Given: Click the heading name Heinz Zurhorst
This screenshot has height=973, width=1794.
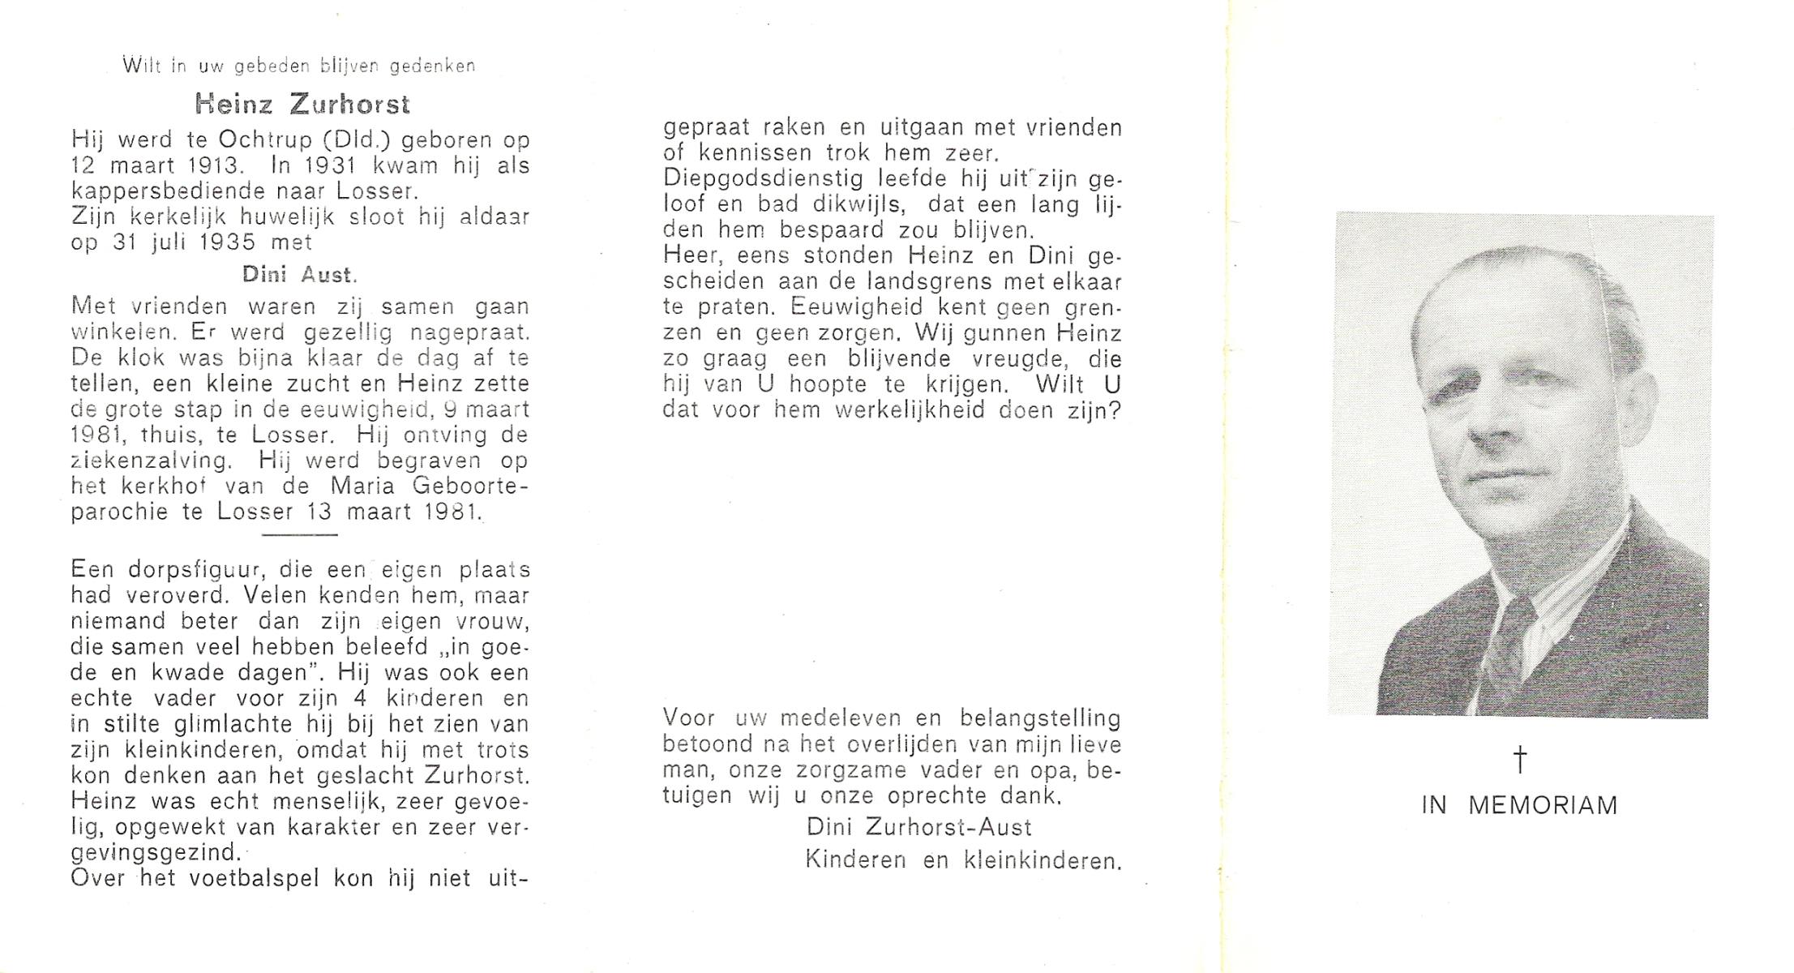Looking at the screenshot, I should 302,105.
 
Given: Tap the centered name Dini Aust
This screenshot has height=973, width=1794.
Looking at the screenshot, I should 299,275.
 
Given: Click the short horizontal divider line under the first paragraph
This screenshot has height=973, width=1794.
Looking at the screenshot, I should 299,534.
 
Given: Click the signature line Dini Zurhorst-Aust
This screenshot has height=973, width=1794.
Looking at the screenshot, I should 918,827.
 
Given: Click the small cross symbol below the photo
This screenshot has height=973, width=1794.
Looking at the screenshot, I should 1520,759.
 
